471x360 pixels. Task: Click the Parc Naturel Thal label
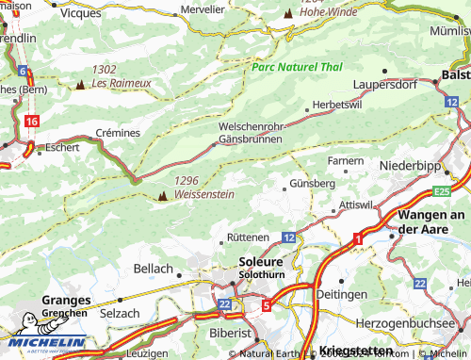297,67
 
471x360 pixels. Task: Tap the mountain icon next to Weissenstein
162,196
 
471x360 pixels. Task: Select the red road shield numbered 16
33,122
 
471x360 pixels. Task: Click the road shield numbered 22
224,304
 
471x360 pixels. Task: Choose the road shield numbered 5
267,304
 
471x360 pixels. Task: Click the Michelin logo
44,343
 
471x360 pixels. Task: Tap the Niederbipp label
411,165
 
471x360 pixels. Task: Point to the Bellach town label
154,270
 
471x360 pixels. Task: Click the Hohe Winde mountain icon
288,13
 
